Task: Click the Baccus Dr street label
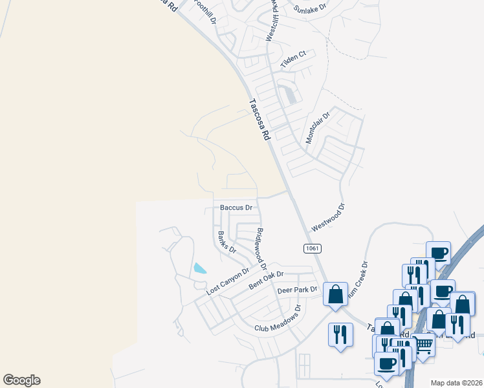(x=236, y=208)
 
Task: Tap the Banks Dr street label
(x=226, y=241)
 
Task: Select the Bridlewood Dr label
(x=261, y=249)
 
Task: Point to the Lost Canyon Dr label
(x=228, y=283)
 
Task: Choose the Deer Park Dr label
(x=298, y=290)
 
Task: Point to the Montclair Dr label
(x=318, y=127)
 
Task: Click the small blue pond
(x=200, y=268)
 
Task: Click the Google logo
(x=21, y=380)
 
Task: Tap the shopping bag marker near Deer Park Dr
(x=336, y=294)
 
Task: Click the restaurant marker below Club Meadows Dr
(x=340, y=334)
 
